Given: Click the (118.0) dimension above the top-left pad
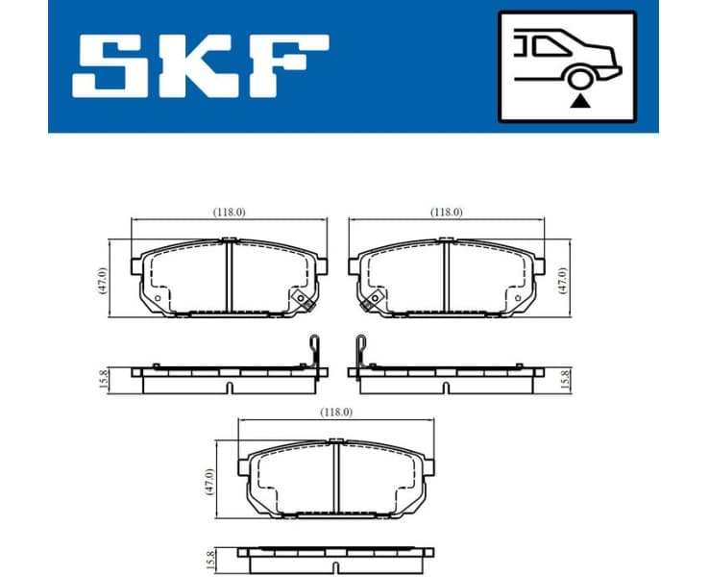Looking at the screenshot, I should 229,212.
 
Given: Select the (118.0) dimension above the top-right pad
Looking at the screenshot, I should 447,212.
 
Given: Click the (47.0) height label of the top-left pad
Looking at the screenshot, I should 103,279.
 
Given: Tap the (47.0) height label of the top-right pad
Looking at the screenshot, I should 565,279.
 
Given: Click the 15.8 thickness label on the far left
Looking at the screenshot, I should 104,378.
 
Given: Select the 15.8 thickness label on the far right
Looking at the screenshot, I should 566,378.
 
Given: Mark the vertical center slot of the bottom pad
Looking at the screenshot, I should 337,477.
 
